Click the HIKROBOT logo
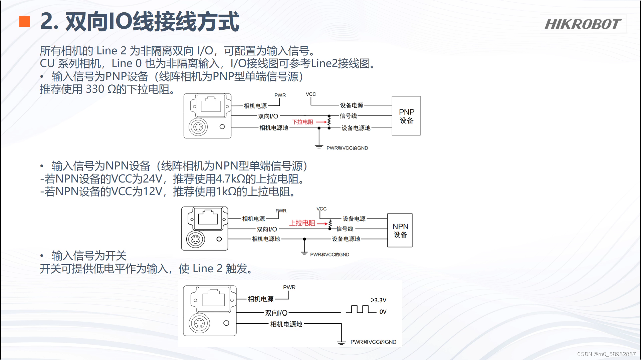[583, 24]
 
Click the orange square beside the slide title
[25, 21]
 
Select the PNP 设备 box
[406, 116]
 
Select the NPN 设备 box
[400, 230]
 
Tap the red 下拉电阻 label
[302, 122]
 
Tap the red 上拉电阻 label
[302, 223]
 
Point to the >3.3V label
[378, 300]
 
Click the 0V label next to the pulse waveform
[383, 312]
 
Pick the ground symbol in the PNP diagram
[319, 146]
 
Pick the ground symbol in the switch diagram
[341, 342]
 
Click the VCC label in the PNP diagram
[311, 94]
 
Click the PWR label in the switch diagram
[289, 287]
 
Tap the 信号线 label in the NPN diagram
[345, 229]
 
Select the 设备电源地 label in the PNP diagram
[356, 128]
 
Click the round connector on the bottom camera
[199, 323]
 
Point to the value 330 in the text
[95, 89]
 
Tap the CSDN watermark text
[606, 354]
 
